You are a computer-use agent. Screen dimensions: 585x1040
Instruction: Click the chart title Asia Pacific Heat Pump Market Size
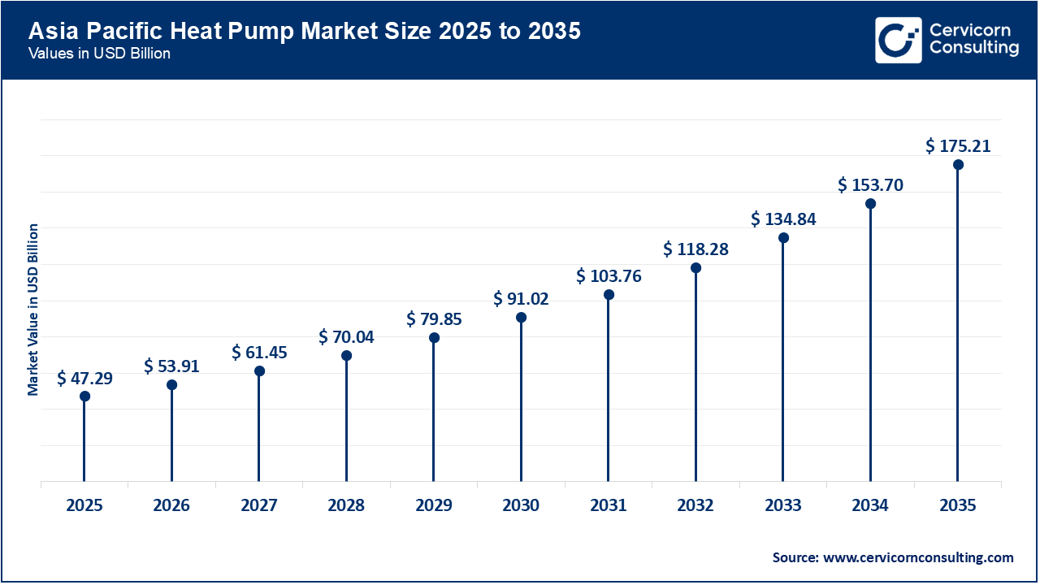305,32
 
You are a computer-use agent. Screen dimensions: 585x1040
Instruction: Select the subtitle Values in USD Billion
100,54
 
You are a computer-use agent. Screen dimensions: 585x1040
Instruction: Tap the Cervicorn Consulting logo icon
898,40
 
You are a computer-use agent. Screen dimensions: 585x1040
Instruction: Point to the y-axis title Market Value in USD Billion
33,309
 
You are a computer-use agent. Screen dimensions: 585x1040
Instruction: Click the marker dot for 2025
84,396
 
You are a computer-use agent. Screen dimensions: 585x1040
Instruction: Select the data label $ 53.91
171,366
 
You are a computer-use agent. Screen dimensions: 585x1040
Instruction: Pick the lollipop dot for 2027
259,371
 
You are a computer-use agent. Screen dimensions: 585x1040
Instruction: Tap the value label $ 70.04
346,336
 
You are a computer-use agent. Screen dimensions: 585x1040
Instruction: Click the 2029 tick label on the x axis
434,505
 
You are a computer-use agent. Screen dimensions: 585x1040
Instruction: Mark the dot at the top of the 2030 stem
521,318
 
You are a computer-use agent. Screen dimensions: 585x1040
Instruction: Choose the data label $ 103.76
609,275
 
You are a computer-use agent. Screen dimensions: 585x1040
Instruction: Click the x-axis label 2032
695,505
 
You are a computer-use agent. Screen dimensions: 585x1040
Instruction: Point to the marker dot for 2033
783,238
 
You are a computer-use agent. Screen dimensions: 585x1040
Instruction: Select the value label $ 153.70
870,185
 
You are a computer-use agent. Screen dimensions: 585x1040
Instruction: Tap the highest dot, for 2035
958,165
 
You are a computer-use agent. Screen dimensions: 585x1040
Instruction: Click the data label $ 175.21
958,146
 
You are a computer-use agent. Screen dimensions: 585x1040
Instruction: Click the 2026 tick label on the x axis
171,505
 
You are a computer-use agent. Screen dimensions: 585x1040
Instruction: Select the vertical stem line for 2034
870,341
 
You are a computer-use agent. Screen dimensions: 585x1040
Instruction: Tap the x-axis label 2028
346,505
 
